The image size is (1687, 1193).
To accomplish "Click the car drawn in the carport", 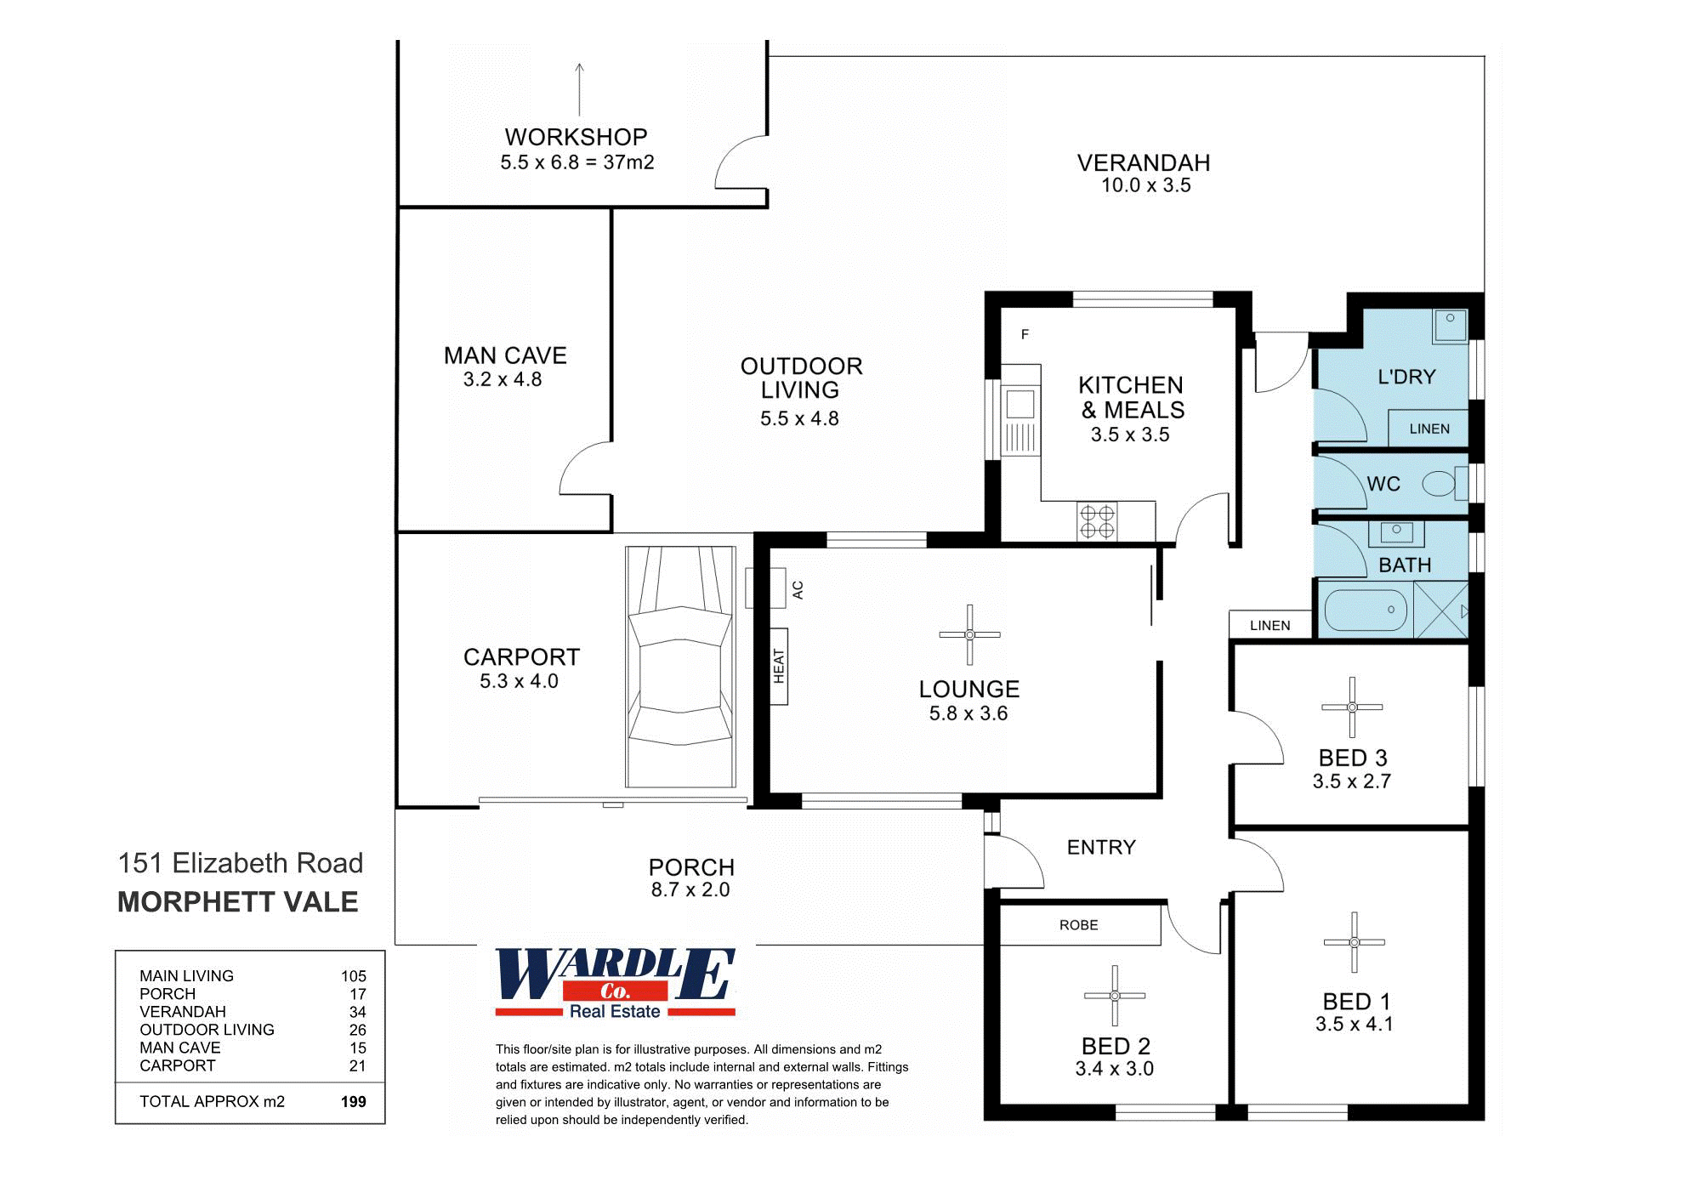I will (680, 668).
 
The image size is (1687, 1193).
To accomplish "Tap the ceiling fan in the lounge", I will (969, 634).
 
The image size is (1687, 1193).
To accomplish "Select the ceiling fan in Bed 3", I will (1352, 707).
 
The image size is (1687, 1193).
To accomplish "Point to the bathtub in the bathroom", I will (1366, 610).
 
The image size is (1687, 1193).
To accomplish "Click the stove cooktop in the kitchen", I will (1097, 521).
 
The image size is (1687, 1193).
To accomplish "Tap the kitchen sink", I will (1020, 405).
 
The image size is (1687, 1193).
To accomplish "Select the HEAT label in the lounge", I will (779, 666).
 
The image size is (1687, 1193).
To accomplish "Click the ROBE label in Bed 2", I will (1078, 924).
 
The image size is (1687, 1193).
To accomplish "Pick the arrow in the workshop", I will (579, 88).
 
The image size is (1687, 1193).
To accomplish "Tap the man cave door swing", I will (583, 469).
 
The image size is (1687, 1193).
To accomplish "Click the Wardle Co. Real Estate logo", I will (615, 983).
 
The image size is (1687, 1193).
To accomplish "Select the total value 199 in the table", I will (353, 1101).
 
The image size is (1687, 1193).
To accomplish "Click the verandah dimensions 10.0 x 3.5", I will (1145, 185).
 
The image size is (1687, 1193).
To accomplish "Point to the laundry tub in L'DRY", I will (1451, 325).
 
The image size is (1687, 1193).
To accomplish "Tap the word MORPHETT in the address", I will (196, 901).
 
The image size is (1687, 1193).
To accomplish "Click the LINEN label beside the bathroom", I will (1270, 625).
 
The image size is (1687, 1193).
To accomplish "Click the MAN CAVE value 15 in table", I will (357, 1048).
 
